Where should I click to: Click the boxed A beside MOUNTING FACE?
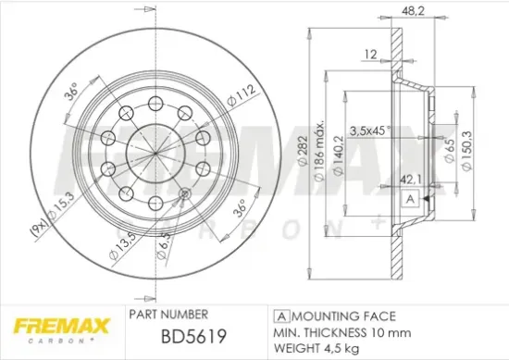(x=279, y=315)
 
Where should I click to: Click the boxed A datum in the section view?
(x=407, y=199)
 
